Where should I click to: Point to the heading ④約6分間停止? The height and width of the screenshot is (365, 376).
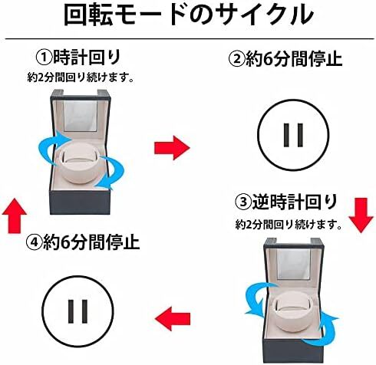[x=84, y=244]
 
